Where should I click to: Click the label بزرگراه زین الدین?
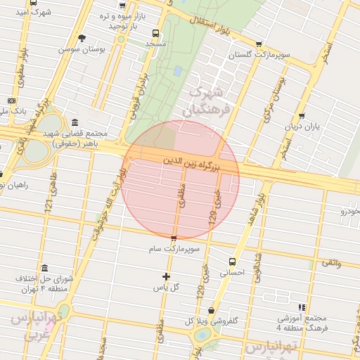coord(192,165)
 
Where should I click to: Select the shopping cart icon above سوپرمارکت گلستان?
coord(259,43)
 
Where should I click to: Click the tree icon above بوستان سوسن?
coord(82,38)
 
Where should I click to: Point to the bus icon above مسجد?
coord(155,32)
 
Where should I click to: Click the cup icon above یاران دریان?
coord(302,116)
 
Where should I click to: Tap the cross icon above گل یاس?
coord(167,276)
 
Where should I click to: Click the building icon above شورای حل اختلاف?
coord(45,268)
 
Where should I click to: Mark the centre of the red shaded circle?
coord(180,179)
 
